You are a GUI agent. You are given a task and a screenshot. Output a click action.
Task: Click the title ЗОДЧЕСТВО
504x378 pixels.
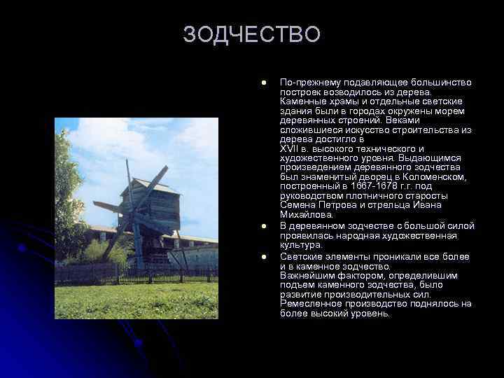(x=251, y=34)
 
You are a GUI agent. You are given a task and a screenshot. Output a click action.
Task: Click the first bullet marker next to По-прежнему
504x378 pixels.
(x=264, y=83)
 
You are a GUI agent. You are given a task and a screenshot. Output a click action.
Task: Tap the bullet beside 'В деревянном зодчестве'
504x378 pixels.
(x=264, y=227)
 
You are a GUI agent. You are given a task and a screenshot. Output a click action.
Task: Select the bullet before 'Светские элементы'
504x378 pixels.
(x=264, y=258)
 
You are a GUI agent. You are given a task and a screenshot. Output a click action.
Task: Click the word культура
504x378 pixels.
(x=301, y=246)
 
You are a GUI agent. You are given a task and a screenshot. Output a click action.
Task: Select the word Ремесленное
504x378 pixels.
(x=310, y=304)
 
